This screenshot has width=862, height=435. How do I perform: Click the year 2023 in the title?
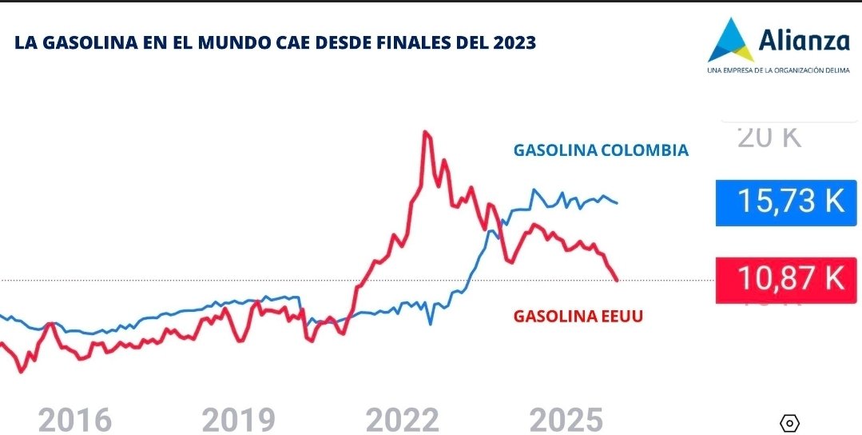click(x=514, y=43)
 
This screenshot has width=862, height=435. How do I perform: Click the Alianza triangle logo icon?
click(x=730, y=40)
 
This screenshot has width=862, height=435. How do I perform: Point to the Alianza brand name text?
click(x=804, y=38)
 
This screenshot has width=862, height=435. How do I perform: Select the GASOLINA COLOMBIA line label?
click(x=601, y=150)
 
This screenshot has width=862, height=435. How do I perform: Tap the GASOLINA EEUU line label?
click(x=578, y=316)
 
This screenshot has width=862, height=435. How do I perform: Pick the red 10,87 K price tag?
click(x=789, y=278)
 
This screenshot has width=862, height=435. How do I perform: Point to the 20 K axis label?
click(x=769, y=138)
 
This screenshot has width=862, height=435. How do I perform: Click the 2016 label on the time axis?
click(x=75, y=419)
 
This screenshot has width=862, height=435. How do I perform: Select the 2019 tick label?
click(x=238, y=419)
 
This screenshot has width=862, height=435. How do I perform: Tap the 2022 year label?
click(x=403, y=419)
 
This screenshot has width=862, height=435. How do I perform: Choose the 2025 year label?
click(x=566, y=419)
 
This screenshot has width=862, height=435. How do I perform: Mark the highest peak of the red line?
click(x=426, y=132)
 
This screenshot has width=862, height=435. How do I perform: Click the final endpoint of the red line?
click(x=617, y=280)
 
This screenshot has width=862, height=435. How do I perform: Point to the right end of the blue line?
click(x=617, y=202)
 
